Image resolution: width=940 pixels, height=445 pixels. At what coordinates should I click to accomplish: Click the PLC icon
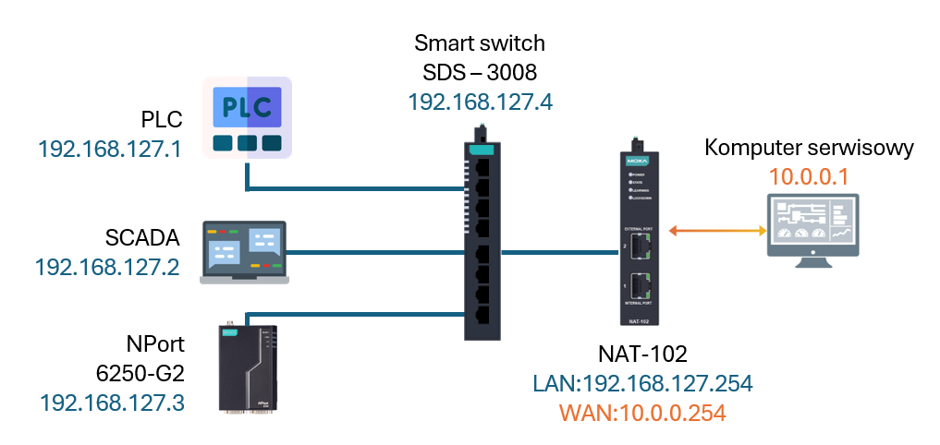coord(247,117)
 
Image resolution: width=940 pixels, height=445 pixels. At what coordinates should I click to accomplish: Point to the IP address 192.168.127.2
coord(107,267)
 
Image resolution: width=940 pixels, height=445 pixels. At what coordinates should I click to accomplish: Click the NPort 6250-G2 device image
coord(248,367)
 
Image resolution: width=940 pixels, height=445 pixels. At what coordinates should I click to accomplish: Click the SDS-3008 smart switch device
coord(481,235)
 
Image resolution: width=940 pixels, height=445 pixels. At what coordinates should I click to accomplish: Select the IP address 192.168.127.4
coord(480,102)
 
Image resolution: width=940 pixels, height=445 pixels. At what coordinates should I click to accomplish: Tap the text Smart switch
coord(480,42)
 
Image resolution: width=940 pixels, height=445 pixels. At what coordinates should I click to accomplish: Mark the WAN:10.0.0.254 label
coord(629,413)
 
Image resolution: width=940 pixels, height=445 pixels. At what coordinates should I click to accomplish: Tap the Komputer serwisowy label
coord(809,148)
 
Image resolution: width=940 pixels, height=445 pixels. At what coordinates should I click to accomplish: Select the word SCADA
coord(141,237)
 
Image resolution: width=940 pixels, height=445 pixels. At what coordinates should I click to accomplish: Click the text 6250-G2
coord(140,374)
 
